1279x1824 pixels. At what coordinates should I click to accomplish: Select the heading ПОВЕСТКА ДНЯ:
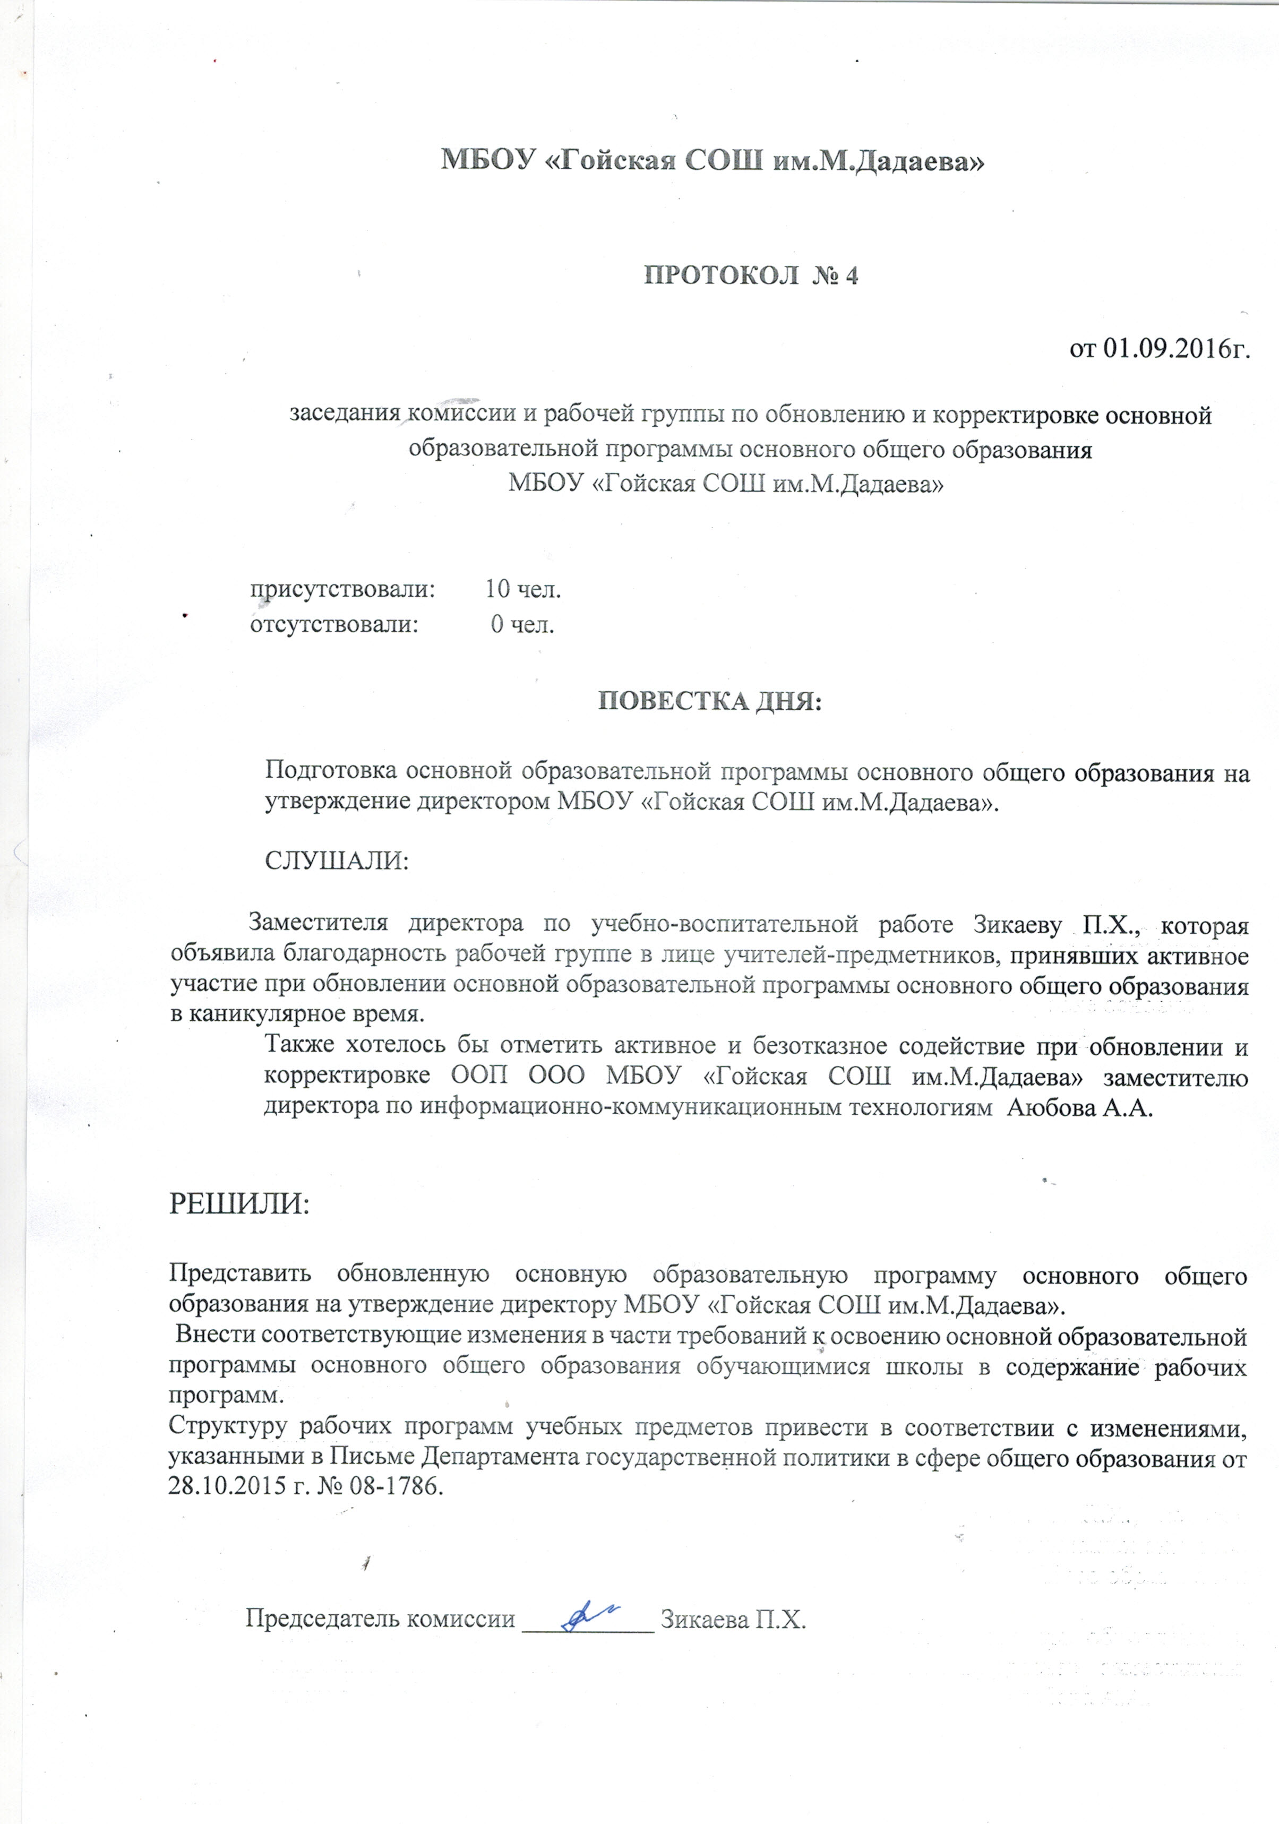point(709,701)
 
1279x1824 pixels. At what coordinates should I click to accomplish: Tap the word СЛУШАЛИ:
point(336,861)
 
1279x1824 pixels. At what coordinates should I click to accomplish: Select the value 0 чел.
point(522,624)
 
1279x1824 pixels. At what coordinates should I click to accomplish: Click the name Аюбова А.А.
point(1079,1108)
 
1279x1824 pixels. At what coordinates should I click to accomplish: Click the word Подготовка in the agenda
point(328,771)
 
